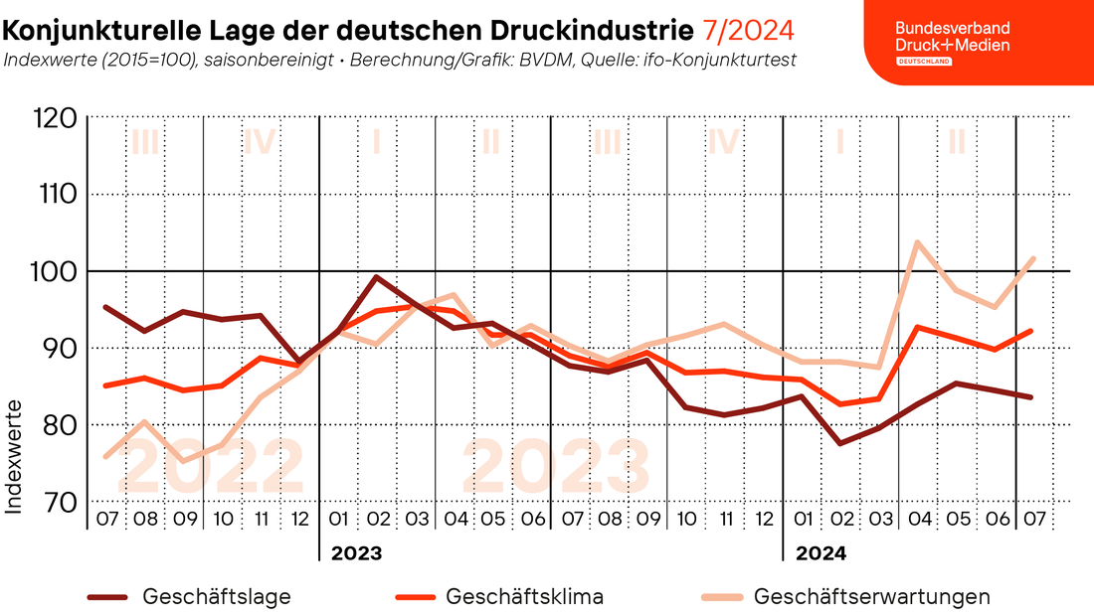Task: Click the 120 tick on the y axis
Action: pos(55,118)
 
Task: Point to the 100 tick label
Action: pos(53,271)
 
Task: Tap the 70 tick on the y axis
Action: pos(60,502)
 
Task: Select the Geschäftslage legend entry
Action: pos(189,597)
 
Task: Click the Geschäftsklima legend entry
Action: pos(499,597)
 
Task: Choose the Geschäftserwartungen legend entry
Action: pos(845,597)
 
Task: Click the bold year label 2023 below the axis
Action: pos(356,553)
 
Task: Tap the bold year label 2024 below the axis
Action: pos(821,553)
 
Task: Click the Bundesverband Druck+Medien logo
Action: pos(953,42)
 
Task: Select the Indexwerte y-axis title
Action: pos(13,457)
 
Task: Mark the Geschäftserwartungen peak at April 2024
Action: pos(917,242)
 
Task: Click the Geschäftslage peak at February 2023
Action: pos(377,277)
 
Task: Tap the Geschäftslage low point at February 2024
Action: pos(839,443)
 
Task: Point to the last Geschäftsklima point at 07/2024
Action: pos(1032,331)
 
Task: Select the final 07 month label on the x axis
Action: pos(1034,520)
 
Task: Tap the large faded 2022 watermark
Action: pos(211,467)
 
